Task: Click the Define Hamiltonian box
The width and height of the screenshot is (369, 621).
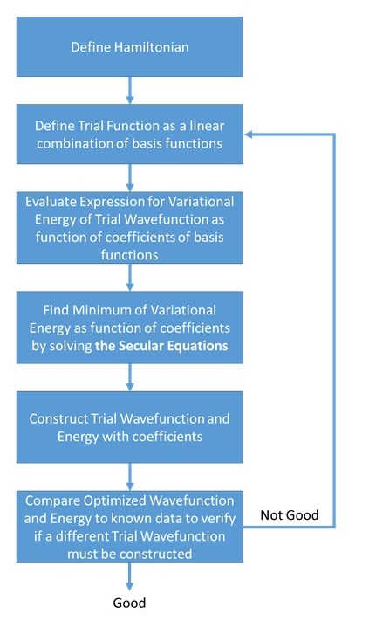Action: click(130, 46)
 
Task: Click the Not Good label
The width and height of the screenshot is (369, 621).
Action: click(290, 515)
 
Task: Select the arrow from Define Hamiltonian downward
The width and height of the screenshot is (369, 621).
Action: click(130, 88)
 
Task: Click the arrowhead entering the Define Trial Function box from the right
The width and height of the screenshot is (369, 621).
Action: click(250, 135)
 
